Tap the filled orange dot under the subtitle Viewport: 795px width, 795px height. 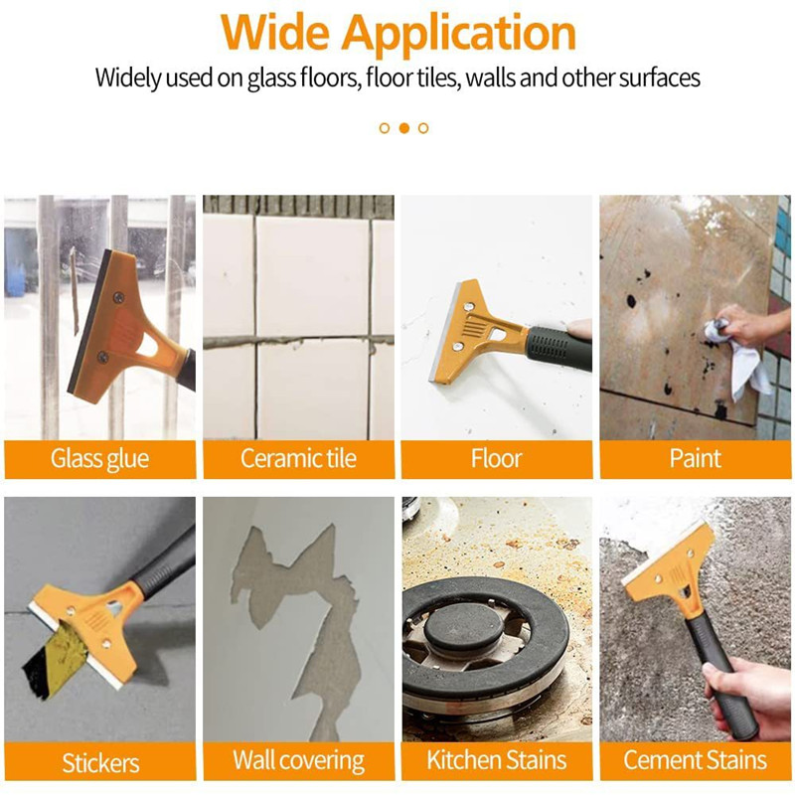tap(404, 128)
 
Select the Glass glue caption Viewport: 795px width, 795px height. tap(99, 459)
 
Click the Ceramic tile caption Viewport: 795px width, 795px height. tap(298, 459)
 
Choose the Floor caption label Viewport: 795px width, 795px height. tap(496, 459)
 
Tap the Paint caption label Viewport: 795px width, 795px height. tap(695, 459)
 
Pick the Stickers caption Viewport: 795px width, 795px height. tap(99, 762)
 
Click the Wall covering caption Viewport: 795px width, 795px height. tap(298, 762)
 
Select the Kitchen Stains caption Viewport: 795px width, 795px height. tap(496, 762)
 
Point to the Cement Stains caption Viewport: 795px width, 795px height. tap(695, 762)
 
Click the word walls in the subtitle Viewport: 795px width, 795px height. tap(483, 78)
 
